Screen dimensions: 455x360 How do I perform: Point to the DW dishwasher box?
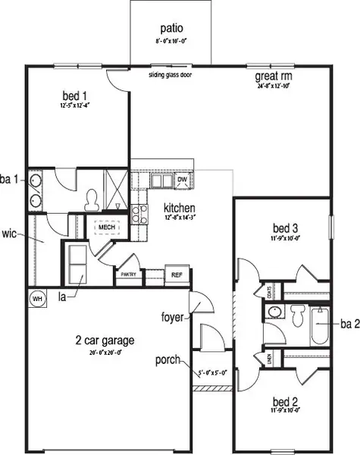click(x=182, y=180)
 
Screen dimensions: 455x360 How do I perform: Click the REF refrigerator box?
click(x=176, y=275)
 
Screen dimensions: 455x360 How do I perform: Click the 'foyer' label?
click(x=172, y=317)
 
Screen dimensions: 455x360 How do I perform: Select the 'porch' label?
click(x=167, y=359)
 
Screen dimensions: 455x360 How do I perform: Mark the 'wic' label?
click(x=10, y=233)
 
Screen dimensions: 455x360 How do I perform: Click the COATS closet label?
click(x=269, y=291)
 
